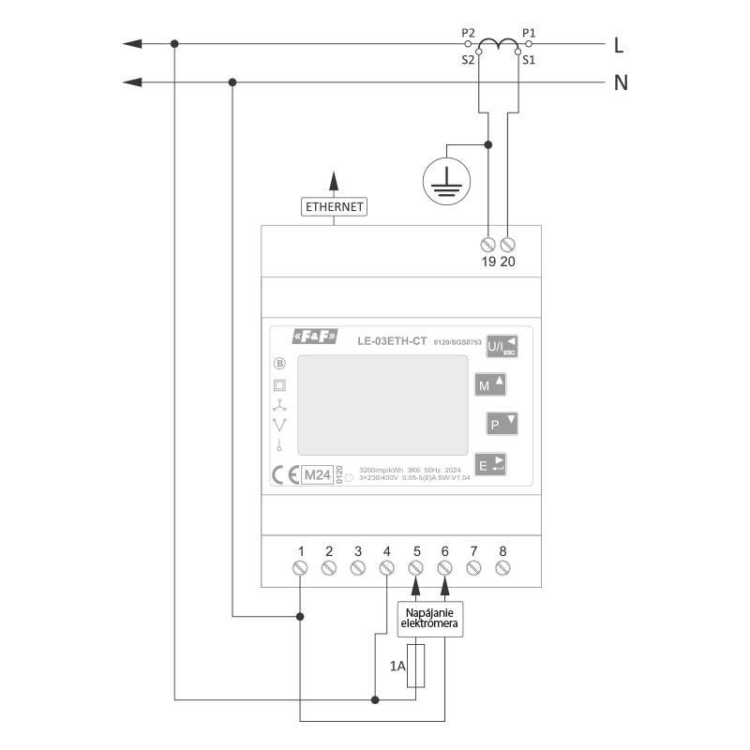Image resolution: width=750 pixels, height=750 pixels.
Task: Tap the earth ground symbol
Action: (x=445, y=181)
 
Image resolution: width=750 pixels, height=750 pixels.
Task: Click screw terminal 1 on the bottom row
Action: (x=300, y=568)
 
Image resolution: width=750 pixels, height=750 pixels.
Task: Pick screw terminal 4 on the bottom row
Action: (x=386, y=568)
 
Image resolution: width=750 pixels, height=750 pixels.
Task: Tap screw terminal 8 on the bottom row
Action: (x=502, y=568)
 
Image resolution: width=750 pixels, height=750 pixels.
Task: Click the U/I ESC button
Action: (x=502, y=346)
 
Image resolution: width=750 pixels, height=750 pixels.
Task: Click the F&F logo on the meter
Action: (x=315, y=338)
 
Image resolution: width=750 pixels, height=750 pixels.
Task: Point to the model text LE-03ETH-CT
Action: (x=393, y=341)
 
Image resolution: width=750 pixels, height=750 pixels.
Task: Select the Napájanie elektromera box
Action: (x=429, y=620)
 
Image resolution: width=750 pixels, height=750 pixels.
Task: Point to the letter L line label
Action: (x=619, y=44)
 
